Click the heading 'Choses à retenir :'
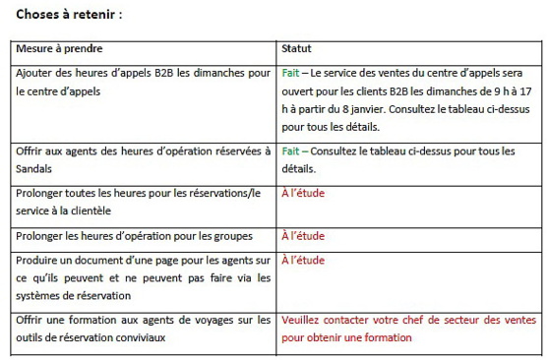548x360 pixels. (x=69, y=15)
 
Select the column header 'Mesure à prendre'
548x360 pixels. (x=59, y=48)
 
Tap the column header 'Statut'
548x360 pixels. (x=297, y=48)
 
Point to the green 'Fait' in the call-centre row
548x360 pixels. (x=290, y=73)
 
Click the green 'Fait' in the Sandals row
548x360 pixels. (x=290, y=150)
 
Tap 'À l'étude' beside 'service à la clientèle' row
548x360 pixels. (x=303, y=193)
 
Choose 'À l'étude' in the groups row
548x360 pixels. (x=303, y=236)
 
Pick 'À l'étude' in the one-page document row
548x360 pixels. (x=303, y=261)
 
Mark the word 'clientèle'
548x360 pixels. (x=88, y=210)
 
